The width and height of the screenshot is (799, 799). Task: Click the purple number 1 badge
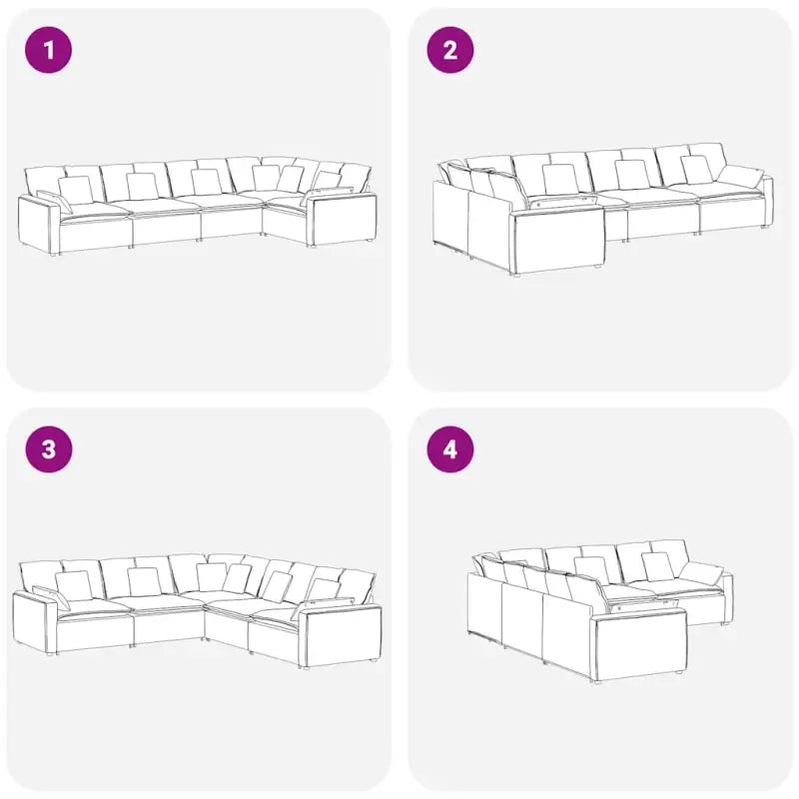pyautogui.click(x=48, y=50)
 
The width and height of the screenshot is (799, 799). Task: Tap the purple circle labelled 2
pyautogui.click(x=450, y=50)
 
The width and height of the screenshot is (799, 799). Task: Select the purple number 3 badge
pyautogui.click(x=48, y=449)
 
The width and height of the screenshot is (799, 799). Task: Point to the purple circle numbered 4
pyautogui.click(x=450, y=449)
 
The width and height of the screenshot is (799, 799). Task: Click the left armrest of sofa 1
pyautogui.click(x=38, y=224)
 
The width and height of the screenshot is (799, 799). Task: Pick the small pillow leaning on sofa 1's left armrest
pyautogui.click(x=54, y=202)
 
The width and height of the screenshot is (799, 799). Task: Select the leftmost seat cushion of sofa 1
pyautogui.click(x=94, y=212)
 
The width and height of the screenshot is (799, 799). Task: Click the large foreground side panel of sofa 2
pyautogui.click(x=558, y=241)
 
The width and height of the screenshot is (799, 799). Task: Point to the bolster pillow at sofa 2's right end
pyautogui.click(x=740, y=177)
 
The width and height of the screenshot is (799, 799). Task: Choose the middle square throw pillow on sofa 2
pyautogui.click(x=631, y=174)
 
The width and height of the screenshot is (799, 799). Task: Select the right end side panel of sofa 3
pyautogui.click(x=340, y=635)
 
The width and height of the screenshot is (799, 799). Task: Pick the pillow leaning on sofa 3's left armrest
pyautogui.click(x=52, y=597)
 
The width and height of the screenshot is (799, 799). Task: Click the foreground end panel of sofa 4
pyautogui.click(x=639, y=646)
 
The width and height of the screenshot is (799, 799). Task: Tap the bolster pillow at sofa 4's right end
pyautogui.click(x=702, y=573)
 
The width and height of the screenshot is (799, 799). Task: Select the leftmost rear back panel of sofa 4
pyautogui.click(x=484, y=605)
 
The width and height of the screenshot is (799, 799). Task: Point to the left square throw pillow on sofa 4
pyautogui.click(x=591, y=570)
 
